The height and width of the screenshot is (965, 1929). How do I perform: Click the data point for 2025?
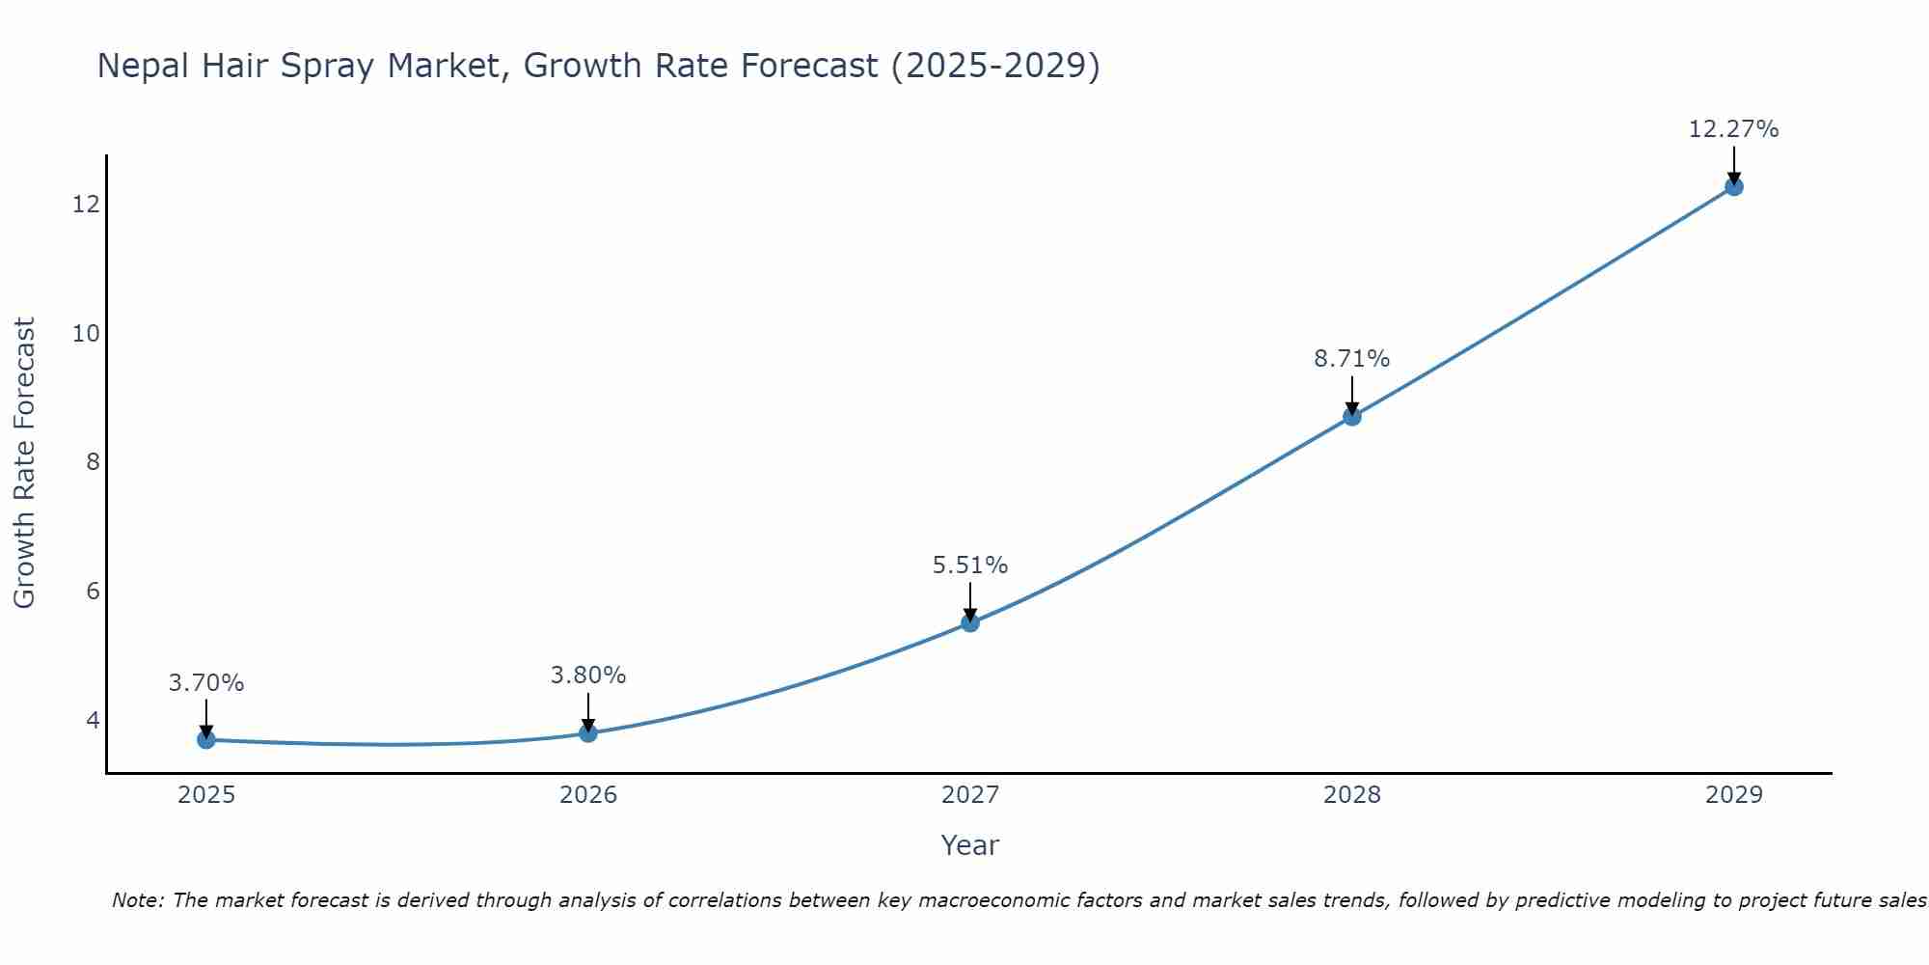tap(206, 739)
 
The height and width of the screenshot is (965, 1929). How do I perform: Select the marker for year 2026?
tap(588, 732)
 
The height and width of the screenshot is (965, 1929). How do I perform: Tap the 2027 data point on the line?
tap(970, 622)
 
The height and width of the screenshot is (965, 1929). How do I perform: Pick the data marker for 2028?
tap(1352, 416)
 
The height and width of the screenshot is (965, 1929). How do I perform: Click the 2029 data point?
tap(1734, 186)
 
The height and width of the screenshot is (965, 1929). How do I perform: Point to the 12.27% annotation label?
tap(1733, 129)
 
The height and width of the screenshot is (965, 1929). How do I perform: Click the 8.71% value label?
tap(1351, 359)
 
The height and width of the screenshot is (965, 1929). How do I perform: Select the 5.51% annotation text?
tap(969, 565)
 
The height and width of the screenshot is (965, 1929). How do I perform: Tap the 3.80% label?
tap(587, 675)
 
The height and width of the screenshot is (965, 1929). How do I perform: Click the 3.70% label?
tap(205, 683)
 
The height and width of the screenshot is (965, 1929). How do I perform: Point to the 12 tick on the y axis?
tap(86, 204)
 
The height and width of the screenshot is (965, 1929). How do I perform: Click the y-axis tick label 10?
tap(86, 333)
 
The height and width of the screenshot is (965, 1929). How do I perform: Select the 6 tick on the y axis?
tap(93, 591)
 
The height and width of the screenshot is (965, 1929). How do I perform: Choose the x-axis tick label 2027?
tap(970, 795)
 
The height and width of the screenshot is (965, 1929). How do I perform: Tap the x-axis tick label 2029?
tap(1734, 795)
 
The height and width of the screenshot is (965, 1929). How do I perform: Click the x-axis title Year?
tap(969, 845)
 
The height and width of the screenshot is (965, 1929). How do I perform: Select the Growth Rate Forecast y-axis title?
tap(24, 462)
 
